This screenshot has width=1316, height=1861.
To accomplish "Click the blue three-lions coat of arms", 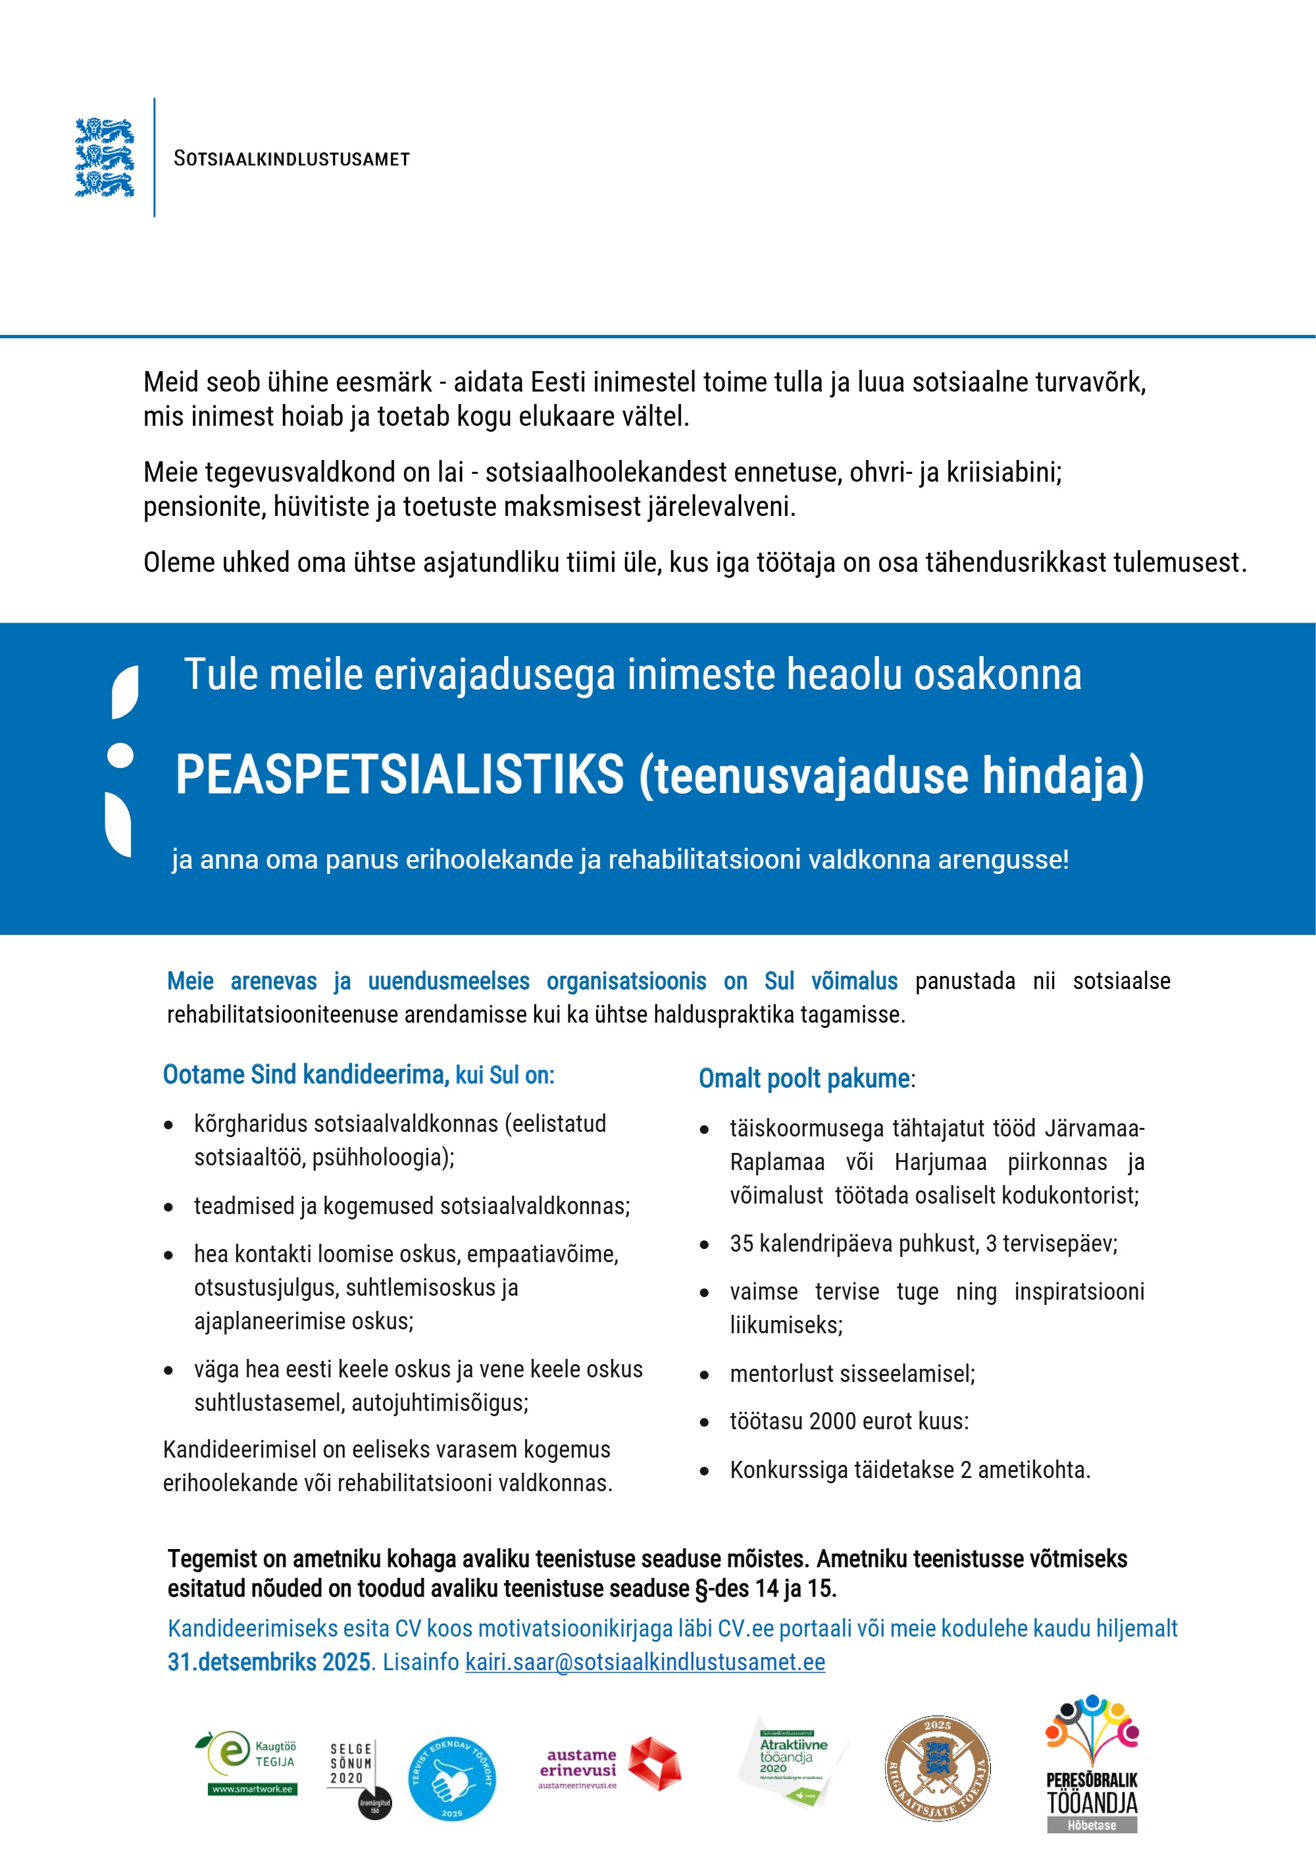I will pyautogui.click(x=104, y=157).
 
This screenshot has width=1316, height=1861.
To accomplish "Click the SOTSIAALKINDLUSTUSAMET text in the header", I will pyautogui.click(x=291, y=159).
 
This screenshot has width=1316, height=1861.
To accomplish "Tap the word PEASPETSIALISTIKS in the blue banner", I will pyautogui.click(x=399, y=774).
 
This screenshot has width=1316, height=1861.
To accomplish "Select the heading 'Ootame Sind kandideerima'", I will pyautogui.click(x=305, y=1075).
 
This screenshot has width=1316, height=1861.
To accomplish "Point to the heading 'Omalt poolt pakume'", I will pyautogui.click(x=804, y=1079).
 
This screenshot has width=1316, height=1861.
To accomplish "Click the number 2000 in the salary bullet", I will pyautogui.click(x=832, y=1421).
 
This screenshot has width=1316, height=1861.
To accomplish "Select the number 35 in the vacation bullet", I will pyautogui.click(x=742, y=1243).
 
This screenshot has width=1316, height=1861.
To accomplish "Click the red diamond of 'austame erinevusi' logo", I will pyautogui.click(x=654, y=1764).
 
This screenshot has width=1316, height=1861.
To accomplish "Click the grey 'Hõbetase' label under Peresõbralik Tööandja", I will pyautogui.click(x=1092, y=1825).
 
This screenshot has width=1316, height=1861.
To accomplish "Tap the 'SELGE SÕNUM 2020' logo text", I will pyautogui.click(x=351, y=1763).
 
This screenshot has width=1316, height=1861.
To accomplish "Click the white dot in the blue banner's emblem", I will pyautogui.click(x=120, y=755).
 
